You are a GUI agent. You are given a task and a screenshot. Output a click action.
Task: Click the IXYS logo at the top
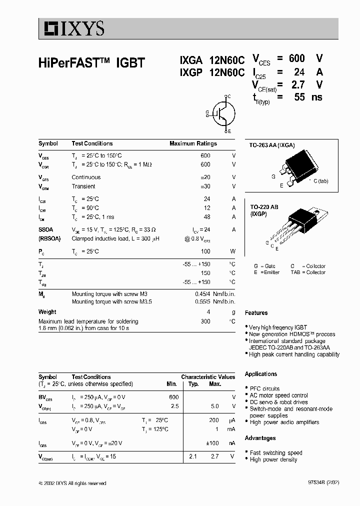pyautogui.click(x=72, y=29)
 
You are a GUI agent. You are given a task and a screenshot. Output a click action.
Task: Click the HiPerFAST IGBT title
pyautogui.click(x=91, y=63)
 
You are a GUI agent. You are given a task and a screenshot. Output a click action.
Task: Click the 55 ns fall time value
pyautogui.click(x=299, y=97)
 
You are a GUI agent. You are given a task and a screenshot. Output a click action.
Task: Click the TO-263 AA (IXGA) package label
pyautogui.click(x=272, y=145)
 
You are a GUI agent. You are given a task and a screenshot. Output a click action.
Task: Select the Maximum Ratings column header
pyautogui.click(x=193, y=143)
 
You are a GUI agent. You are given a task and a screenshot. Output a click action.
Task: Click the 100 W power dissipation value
pyautogui.click(x=205, y=251)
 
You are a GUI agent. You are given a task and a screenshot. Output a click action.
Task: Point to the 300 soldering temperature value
pyautogui.click(x=205, y=321)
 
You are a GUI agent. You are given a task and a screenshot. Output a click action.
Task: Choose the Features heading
pyautogui.click(x=256, y=313)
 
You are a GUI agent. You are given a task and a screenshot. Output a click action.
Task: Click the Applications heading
pyautogui.click(x=260, y=374)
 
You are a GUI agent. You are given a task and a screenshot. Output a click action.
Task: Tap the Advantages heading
pyautogui.click(x=260, y=438)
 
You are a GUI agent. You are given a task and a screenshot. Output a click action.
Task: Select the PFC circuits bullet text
pyautogui.click(x=264, y=388)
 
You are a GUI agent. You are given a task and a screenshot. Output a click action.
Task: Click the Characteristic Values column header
pyautogui.click(x=207, y=377)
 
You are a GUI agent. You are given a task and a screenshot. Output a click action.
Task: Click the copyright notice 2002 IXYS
pyautogui.click(x=72, y=483)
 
